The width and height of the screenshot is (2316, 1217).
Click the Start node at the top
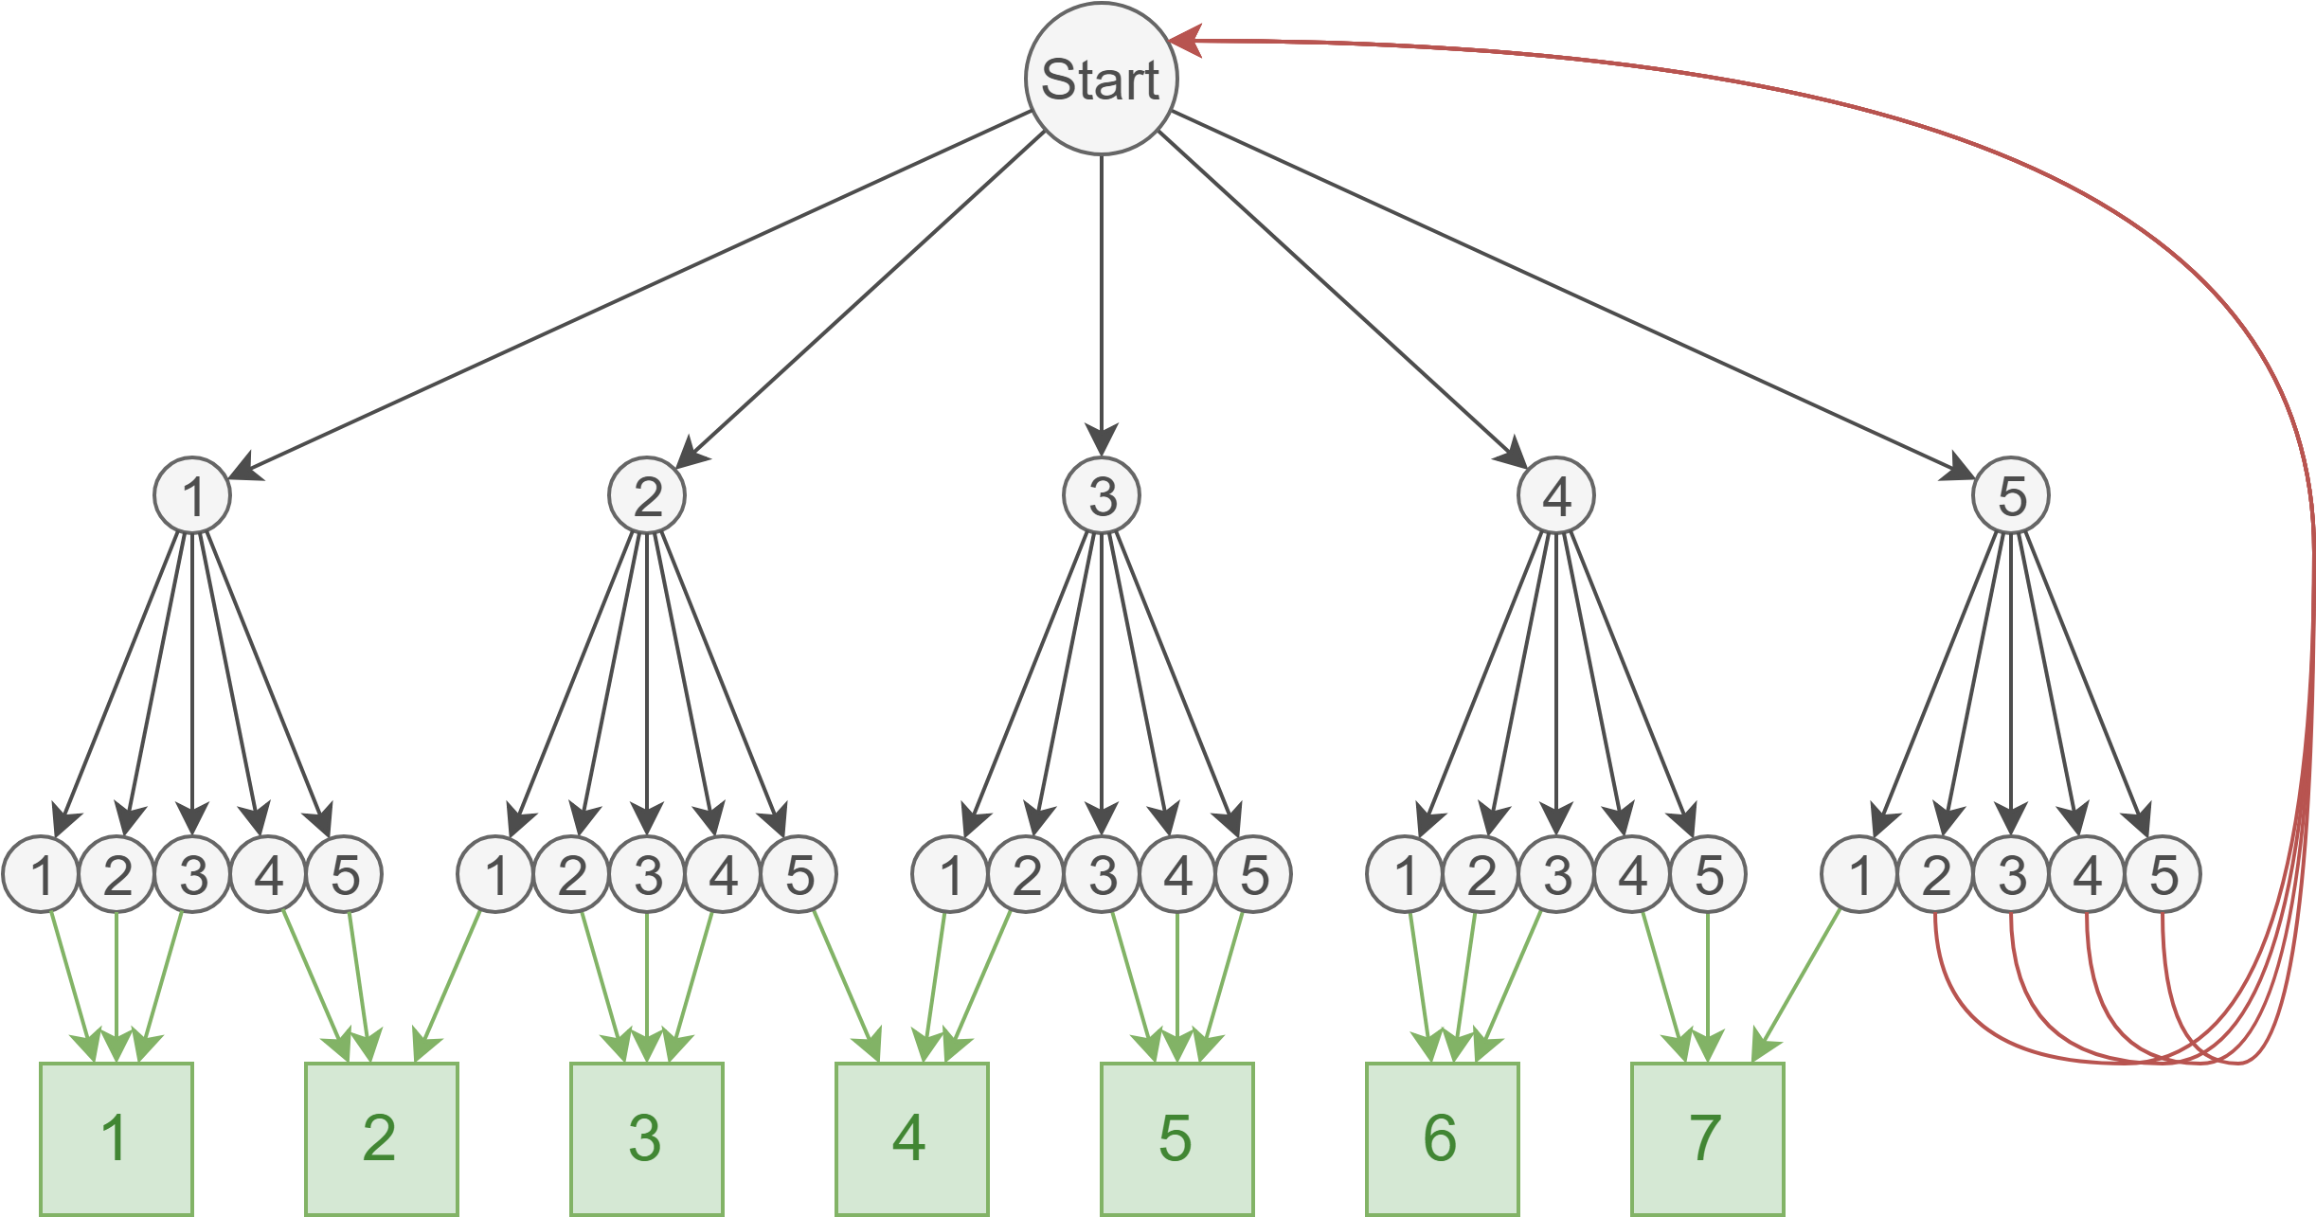tap(1101, 79)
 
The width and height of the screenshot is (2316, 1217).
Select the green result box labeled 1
tap(117, 1137)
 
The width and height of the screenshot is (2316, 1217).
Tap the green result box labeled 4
tap(911, 1137)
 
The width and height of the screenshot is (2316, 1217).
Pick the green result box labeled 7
tap(1707, 1137)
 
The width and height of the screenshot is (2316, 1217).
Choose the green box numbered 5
tap(1176, 1137)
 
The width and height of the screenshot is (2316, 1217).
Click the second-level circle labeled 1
tap(192, 495)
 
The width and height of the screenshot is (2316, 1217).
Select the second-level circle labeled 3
tap(1101, 495)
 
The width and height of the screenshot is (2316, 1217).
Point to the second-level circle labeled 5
tap(2010, 495)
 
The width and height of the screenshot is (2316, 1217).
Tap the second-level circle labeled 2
tap(647, 495)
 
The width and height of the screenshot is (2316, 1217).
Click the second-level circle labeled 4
tap(1555, 495)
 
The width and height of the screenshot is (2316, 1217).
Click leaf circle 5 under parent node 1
tap(345, 874)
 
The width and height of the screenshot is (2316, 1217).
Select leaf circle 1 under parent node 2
tap(495, 874)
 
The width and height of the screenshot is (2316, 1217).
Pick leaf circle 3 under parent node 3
tap(1102, 874)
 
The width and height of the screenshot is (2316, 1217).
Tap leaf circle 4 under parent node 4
tap(1632, 874)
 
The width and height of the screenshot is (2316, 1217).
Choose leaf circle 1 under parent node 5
tap(1859, 874)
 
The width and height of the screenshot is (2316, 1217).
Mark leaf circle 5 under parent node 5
tap(2163, 874)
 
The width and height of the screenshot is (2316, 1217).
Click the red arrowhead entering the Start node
tap(1186, 41)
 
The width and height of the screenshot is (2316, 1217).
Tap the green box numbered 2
tap(381, 1137)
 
